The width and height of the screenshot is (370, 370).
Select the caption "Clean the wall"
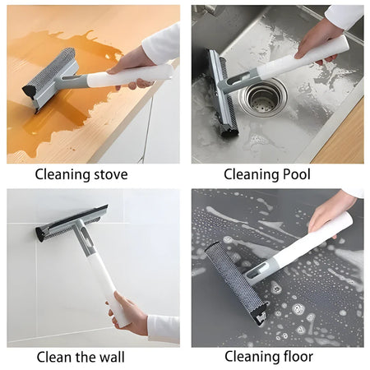click(81, 357)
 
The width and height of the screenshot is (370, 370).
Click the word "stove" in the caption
click(110, 174)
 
